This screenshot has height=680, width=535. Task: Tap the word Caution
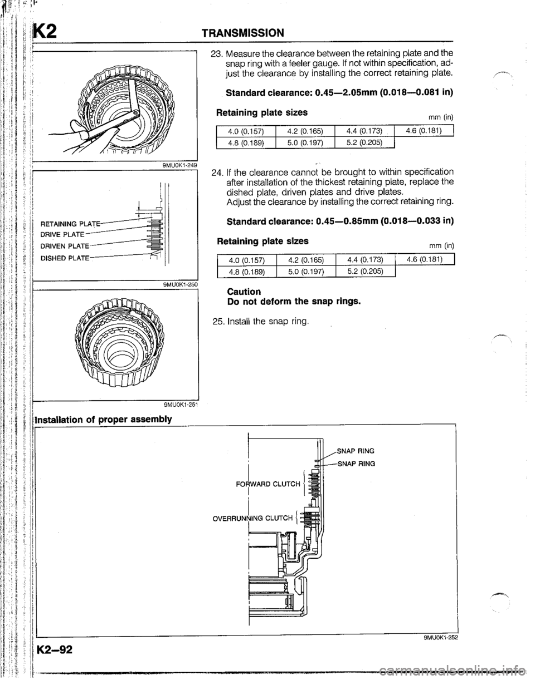[x=243, y=292]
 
